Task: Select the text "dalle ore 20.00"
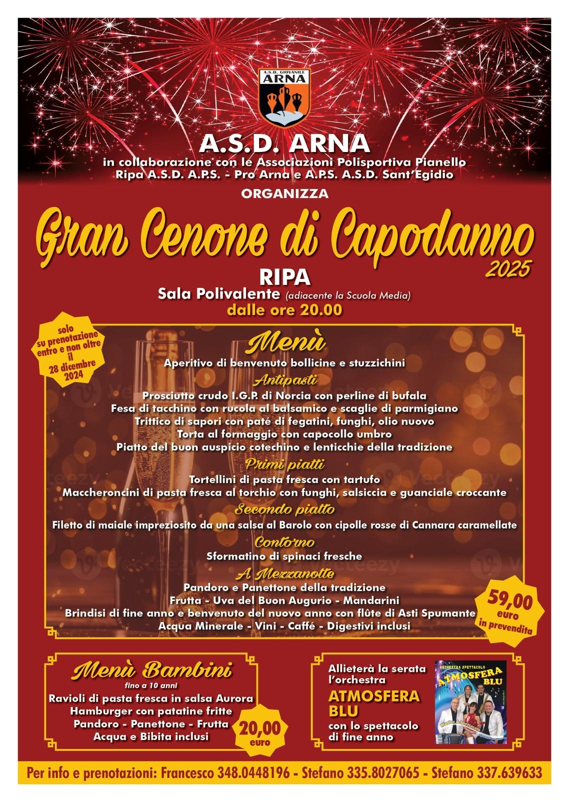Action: coord(284,310)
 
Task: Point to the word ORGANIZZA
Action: coord(284,193)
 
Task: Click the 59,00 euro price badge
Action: coord(510,610)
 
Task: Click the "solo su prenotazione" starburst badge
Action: coord(69,349)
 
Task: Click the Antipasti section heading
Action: coord(285,381)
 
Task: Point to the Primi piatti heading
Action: coord(285,464)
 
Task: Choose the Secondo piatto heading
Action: coord(285,509)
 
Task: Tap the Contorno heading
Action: coord(284,542)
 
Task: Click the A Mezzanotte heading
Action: coord(285,573)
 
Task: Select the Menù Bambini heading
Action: coord(151,670)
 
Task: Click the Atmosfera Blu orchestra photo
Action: coord(470,702)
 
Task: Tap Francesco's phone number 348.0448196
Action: coord(253,773)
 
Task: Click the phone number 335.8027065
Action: coord(382,773)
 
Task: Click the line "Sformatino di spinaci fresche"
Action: coord(284,556)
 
